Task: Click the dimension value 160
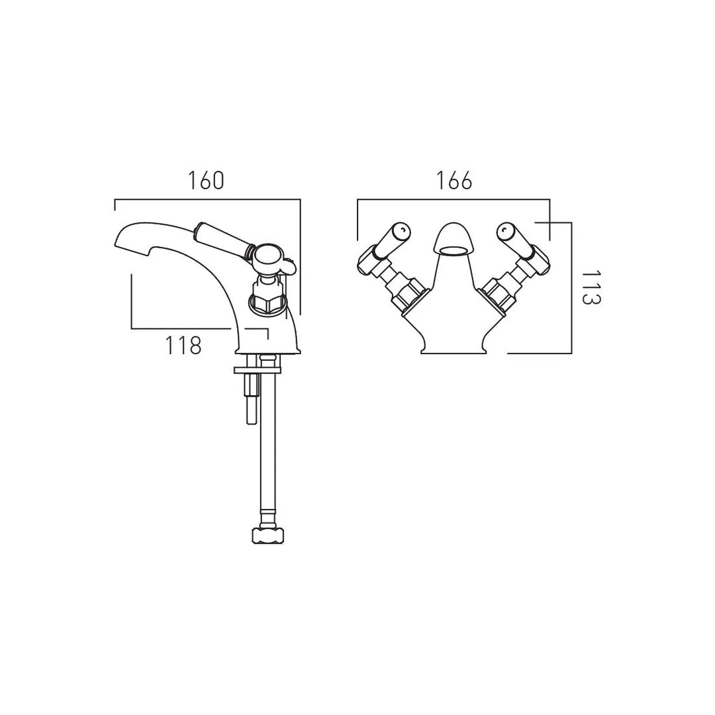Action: tap(206, 181)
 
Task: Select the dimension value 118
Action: tap(183, 345)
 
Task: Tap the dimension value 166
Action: tap(454, 181)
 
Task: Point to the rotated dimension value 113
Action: tap(591, 287)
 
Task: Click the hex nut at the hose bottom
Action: tap(267, 535)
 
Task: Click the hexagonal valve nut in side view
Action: tap(267, 303)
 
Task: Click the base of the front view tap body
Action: tap(453, 349)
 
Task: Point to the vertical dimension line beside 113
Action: tap(571, 288)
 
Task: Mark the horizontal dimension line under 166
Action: tap(453, 199)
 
